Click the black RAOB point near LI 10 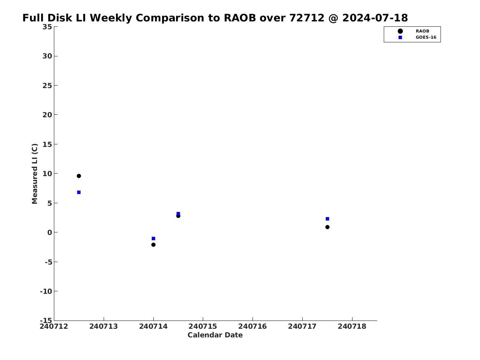pos(79,176)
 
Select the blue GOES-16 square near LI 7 pos(79,192)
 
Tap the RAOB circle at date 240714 pos(153,244)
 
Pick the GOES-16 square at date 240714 pos(153,239)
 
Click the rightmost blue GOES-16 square pos(327,219)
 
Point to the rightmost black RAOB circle pos(327,227)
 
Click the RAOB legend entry pos(413,31)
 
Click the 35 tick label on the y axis pos(47,27)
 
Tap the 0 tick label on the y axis pos(50,232)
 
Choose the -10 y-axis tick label pos(46,291)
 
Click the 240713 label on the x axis pos(104,326)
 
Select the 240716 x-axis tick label pos(253,326)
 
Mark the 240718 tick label pos(352,326)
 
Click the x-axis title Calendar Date pos(215,335)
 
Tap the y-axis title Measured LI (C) pos(35,174)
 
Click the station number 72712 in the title pos(307,18)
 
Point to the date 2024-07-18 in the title pos(375,18)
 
